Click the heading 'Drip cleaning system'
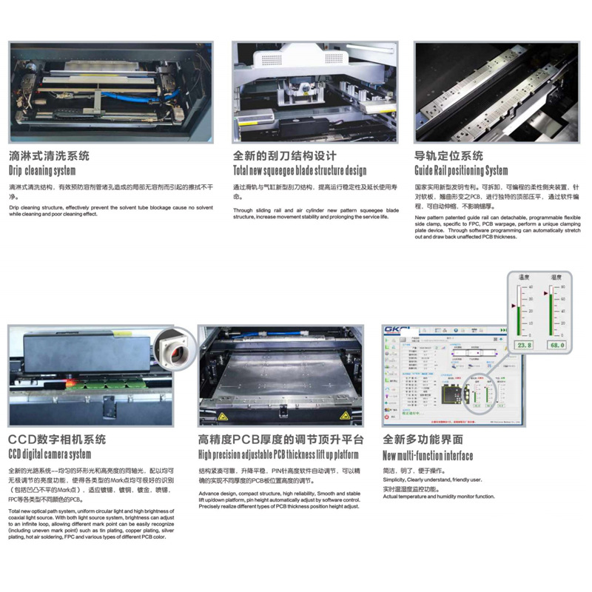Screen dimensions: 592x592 pos(42,171)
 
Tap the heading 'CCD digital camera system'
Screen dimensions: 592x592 pos(50,454)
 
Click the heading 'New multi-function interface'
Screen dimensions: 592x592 pos(428,455)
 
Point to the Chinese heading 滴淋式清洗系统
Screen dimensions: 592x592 pos(50,156)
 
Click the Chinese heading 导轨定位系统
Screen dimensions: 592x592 pos(449,156)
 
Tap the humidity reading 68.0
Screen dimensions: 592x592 pos(556,345)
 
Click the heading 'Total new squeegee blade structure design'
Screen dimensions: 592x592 pos(300,171)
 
